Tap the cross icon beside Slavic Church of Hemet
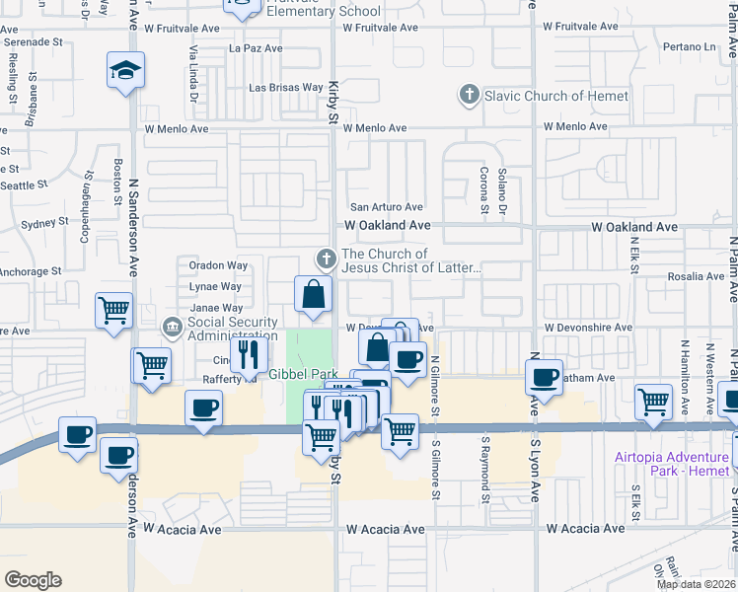pyautogui.click(x=469, y=96)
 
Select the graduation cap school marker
pyautogui.click(x=125, y=71)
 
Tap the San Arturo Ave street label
pyautogui.click(x=388, y=207)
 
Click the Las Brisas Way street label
pyautogui.click(x=286, y=88)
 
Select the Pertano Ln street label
pyautogui.click(x=689, y=46)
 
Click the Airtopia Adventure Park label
pyautogui.click(x=671, y=463)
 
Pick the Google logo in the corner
pyautogui.click(x=33, y=580)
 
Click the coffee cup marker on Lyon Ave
pyautogui.click(x=544, y=376)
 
